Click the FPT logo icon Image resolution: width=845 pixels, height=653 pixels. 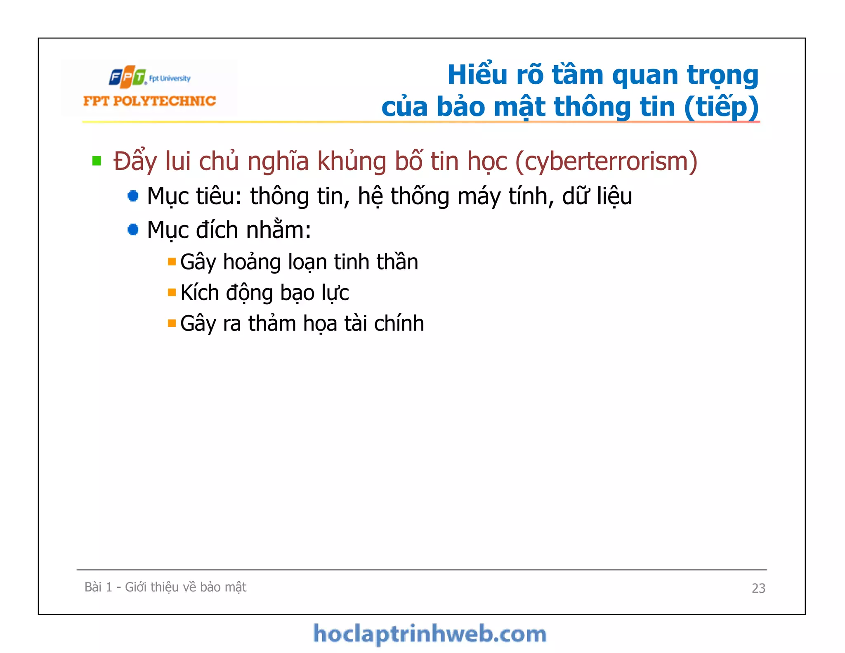(x=127, y=77)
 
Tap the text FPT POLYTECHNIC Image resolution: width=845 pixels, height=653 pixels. (x=149, y=101)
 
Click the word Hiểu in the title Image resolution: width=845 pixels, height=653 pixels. (x=477, y=75)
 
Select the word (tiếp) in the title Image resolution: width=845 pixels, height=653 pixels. (x=721, y=107)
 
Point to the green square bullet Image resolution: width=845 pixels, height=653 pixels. (x=97, y=161)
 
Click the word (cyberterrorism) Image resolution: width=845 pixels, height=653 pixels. (x=606, y=161)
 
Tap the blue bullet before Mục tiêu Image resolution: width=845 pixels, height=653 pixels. (x=133, y=196)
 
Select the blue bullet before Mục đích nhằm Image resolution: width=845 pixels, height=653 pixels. (x=133, y=229)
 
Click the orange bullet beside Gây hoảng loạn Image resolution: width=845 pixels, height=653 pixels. (x=172, y=262)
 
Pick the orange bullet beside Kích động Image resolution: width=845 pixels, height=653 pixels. (x=172, y=293)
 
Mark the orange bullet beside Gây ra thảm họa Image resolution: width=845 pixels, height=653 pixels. (x=172, y=323)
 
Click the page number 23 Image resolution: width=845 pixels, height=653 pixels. (x=758, y=588)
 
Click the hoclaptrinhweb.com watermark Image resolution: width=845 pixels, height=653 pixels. (x=430, y=634)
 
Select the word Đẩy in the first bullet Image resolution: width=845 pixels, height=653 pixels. (x=135, y=161)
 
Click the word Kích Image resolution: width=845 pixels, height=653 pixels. (x=200, y=293)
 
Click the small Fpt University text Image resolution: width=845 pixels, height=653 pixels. (x=170, y=78)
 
